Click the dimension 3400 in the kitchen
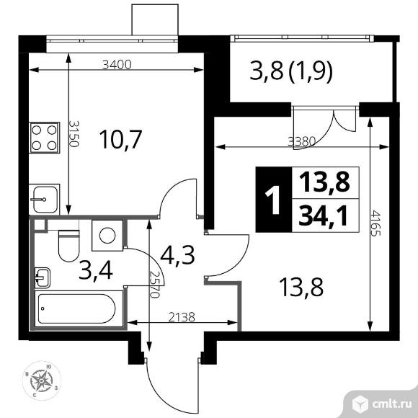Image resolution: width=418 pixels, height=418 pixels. coord(117,64)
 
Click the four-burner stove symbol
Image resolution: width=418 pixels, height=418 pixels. coord(45,138)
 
